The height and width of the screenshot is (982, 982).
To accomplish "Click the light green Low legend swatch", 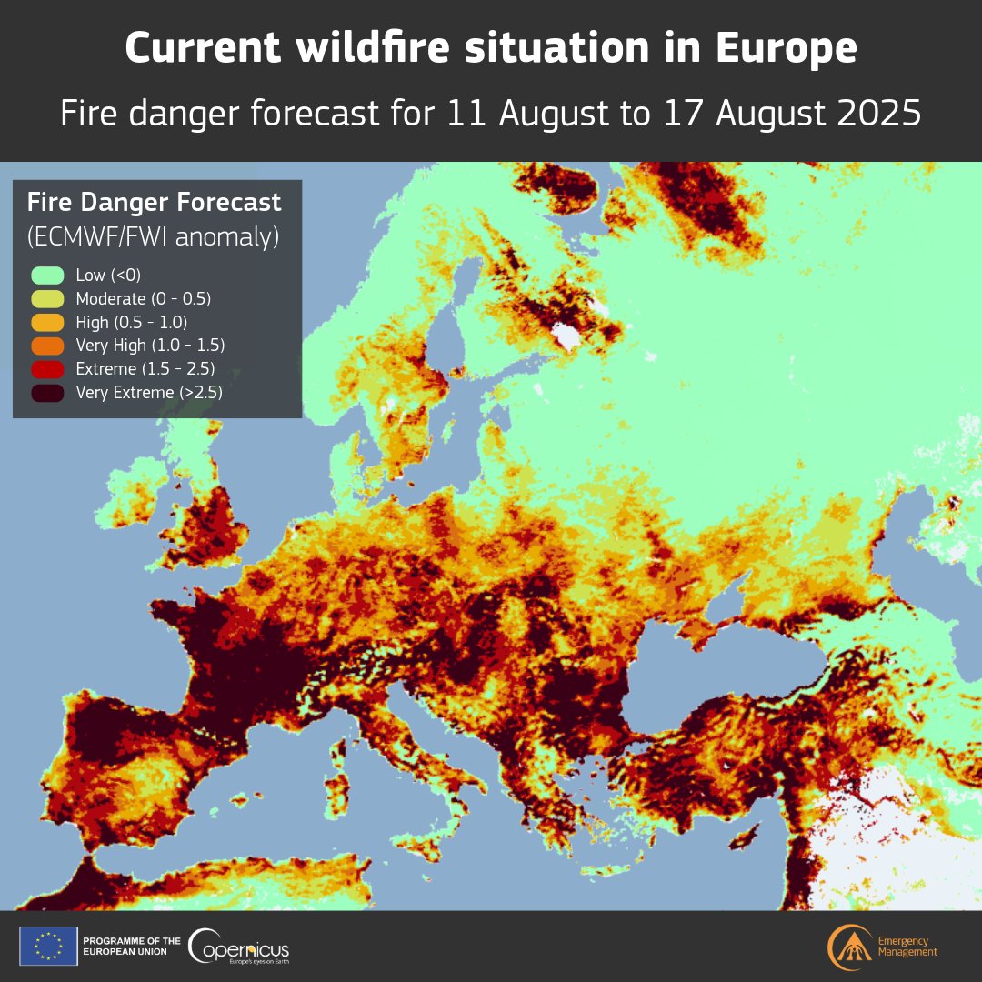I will click(x=46, y=275).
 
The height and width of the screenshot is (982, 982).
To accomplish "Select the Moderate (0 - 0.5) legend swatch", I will click(x=46, y=298).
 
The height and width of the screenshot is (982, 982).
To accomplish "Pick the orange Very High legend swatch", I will click(x=46, y=346).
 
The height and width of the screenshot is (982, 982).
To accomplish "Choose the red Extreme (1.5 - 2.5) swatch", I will click(x=46, y=369).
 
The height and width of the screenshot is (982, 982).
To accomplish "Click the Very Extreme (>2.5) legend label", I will click(x=149, y=393).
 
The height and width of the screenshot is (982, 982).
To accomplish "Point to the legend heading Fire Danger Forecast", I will click(x=154, y=202).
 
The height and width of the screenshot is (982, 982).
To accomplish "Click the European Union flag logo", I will click(x=48, y=946).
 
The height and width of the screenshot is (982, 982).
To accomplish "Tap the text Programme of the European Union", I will click(x=131, y=946).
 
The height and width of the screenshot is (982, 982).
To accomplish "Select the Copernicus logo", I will click(x=238, y=947).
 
